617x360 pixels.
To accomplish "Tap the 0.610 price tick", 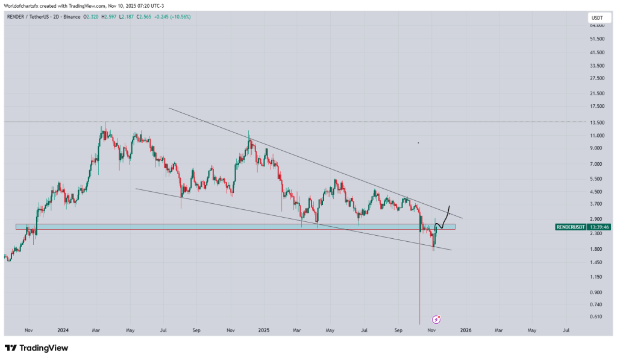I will click(596, 317).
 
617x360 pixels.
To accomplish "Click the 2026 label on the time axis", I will click(465, 330).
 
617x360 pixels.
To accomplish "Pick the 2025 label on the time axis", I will click(263, 330).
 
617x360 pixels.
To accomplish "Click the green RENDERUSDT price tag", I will click(569, 227).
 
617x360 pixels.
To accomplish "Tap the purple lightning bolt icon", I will click(437, 318).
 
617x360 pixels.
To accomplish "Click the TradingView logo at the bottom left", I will click(36, 348).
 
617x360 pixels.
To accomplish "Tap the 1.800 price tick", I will click(596, 248).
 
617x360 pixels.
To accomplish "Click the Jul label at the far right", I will click(566, 330).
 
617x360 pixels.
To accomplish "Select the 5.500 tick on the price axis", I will click(596, 179).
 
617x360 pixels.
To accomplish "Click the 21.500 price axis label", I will click(596, 93).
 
